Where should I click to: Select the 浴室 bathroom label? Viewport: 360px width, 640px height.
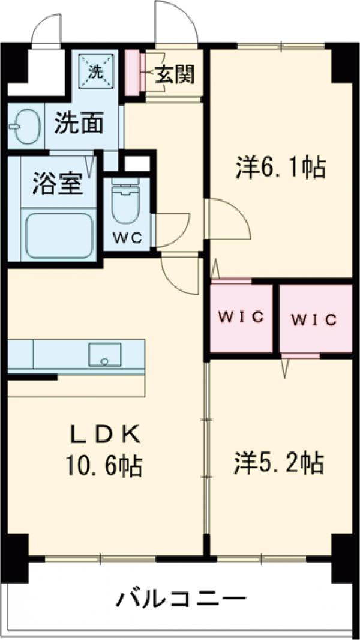pos(58,184)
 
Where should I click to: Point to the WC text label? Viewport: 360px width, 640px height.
pos(128,237)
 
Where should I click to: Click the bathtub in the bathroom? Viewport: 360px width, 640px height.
pos(58,233)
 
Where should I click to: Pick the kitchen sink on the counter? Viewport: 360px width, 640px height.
pos(105,354)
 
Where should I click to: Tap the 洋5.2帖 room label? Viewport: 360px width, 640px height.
pos(279,463)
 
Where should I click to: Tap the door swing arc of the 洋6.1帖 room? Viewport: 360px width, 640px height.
pos(231,221)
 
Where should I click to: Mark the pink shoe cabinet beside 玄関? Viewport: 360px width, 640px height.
pos(131,71)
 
